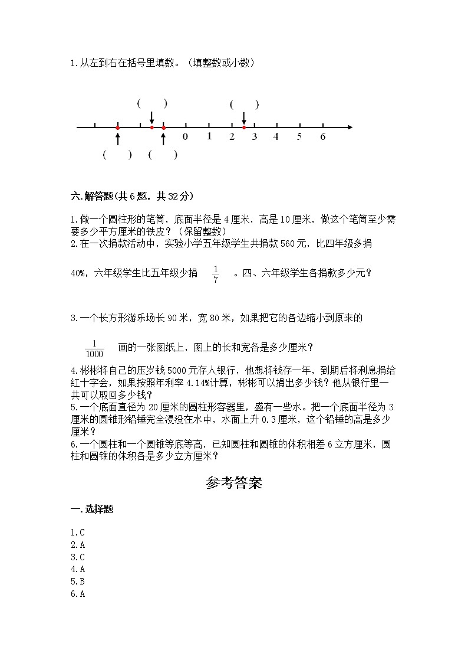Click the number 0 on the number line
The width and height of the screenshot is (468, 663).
coord(186,137)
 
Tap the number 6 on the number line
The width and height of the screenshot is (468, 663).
coord(322,137)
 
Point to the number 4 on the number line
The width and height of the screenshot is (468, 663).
coord(276,137)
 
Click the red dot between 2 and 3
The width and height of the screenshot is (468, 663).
coord(244,127)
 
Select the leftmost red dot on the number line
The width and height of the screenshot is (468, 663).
coord(118,127)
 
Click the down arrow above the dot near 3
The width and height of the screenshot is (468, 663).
coord(244,117)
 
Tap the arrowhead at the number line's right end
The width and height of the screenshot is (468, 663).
coord(350,127)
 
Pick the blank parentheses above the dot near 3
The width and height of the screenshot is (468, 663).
coord(244,104)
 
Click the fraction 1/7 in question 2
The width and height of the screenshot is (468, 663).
coord(216,273)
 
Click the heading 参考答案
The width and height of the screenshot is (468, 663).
coord(234,484)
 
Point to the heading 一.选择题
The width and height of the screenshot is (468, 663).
coord(92,510)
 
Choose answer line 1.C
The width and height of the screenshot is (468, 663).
coord(78,532)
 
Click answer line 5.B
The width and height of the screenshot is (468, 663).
coord(78,582)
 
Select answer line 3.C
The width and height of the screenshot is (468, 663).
coord(78,557)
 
